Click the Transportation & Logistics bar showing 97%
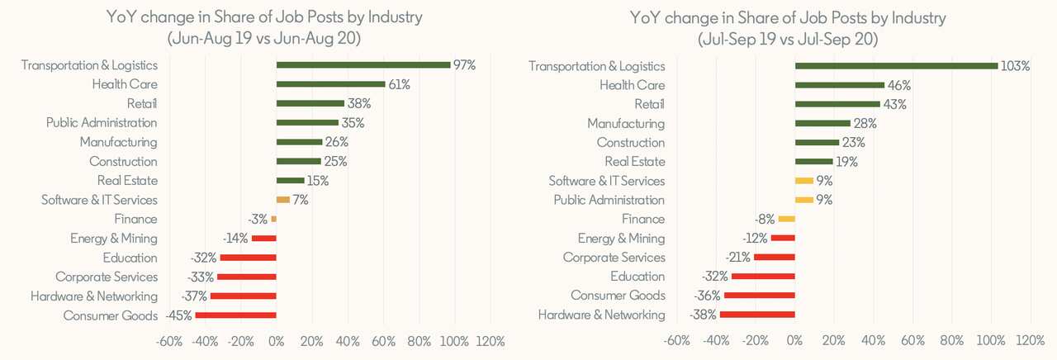coord(363,64)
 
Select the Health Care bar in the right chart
coord(839,85)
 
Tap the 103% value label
coord(1015,66)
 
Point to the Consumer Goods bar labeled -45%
coord(235,315)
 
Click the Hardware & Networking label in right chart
coord(601,315)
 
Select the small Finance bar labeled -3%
coord(273,219)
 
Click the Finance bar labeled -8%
coord(786,219)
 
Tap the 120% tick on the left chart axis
coord(490,341)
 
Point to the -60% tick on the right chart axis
coord(676,341)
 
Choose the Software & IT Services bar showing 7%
coord(282,200)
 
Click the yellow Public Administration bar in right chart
coord(804,200)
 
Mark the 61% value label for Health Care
coord(400,84)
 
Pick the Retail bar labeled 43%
coord(837,104)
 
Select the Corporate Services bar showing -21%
coord(774,258)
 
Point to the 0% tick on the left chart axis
coord(277,341)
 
